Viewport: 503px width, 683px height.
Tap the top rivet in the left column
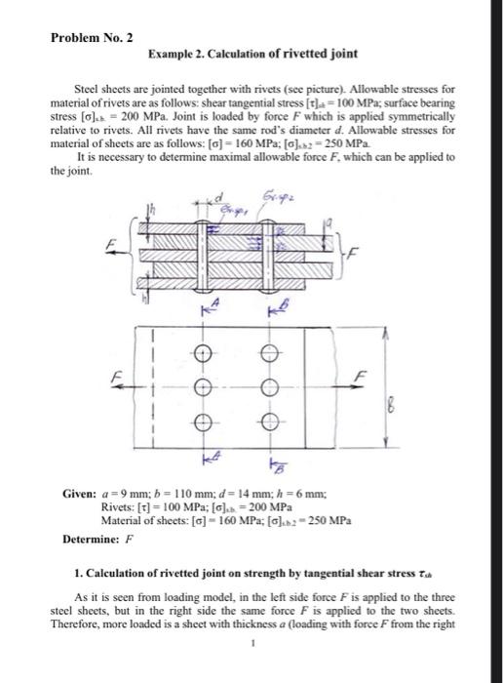[x=203, y=353]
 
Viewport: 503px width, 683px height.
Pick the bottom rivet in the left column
[x=203, y=422]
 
